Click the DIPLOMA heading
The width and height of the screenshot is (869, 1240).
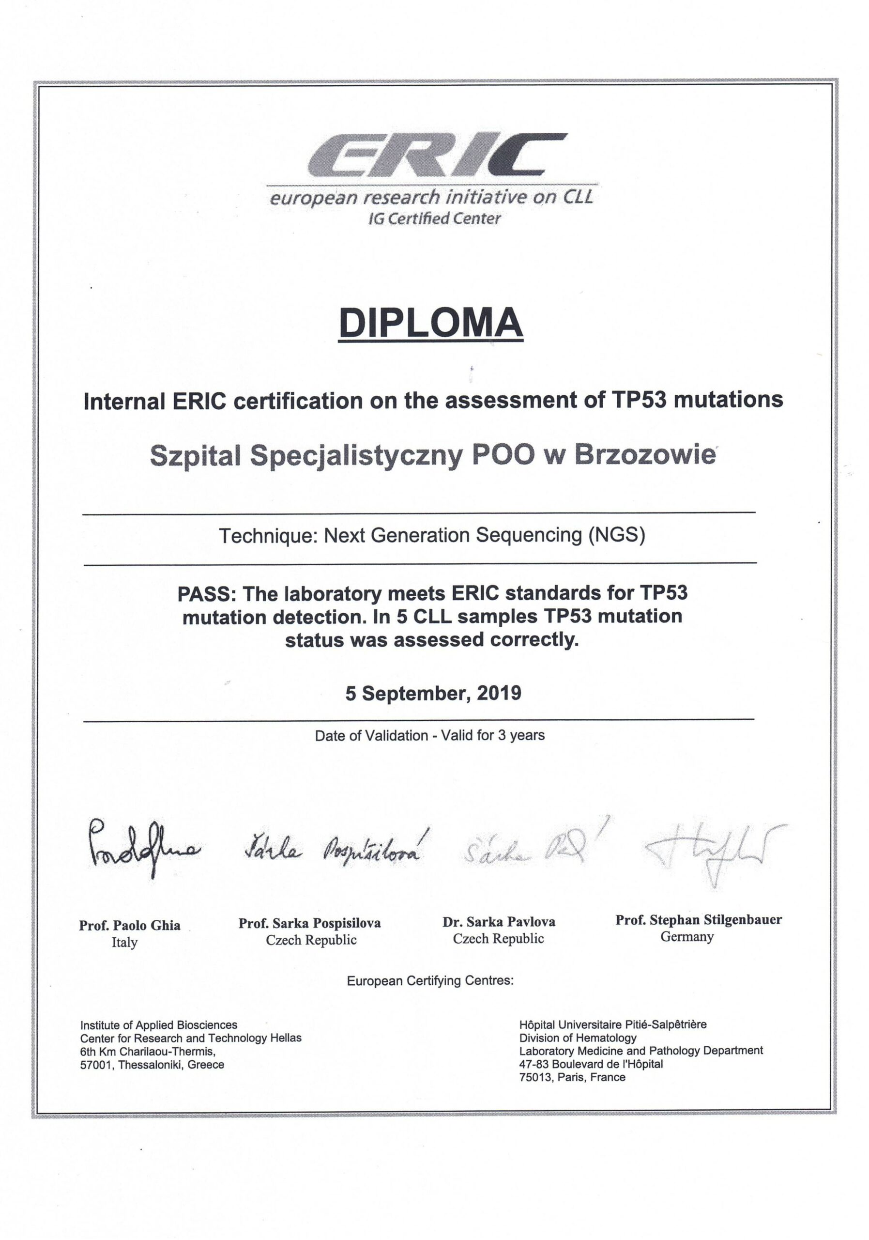pos(431,323)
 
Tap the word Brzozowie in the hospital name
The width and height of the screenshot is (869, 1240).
pos(644,455)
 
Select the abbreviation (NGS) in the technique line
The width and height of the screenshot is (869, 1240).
pos(616,535)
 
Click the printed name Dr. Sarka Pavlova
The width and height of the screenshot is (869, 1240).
pos(498,922)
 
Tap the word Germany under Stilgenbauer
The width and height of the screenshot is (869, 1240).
pos(686,936)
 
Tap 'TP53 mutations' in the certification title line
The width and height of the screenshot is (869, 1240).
pos(697,400)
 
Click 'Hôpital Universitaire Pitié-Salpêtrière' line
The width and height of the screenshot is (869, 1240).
pos(612,1024)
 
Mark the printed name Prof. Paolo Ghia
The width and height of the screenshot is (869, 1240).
pos(130,926)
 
